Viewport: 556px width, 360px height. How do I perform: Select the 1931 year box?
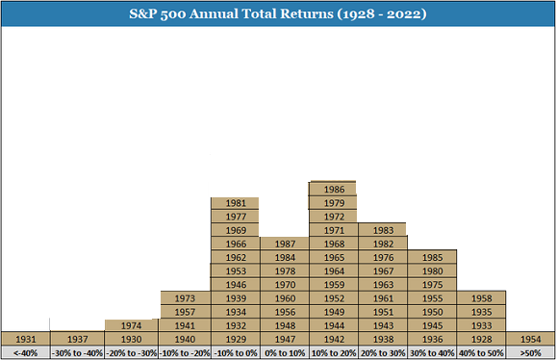pos(26,339)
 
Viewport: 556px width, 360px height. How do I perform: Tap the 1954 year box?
pos(530,339)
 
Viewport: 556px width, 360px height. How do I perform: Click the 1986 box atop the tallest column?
pos(334,189)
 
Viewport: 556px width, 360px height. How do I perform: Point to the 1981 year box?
pos(235,203)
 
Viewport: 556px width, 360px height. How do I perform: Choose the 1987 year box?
pos(285,244)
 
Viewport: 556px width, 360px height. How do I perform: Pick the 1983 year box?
pos(383,229)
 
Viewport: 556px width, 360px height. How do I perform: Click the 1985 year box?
pos(432,257)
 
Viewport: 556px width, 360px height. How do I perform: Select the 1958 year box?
pos(481,298)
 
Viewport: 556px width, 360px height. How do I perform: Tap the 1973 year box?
pos(186,298)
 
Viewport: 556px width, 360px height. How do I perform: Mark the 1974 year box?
pos(131,325)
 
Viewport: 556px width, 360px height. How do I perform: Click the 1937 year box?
pos(77,339)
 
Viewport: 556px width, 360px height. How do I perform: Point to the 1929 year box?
pos(236,339)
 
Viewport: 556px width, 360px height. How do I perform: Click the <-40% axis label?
pos(26,353)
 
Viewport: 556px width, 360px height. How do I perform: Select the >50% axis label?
pos(530,353)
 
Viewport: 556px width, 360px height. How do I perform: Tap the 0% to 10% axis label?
pos(285,353)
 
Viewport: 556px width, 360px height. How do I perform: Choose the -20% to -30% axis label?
pos(131,353)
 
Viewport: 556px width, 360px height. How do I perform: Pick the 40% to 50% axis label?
pos(481,353)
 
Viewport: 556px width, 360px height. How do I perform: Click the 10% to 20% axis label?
pos(334,353)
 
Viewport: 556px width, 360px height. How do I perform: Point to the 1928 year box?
pos(481,339)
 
